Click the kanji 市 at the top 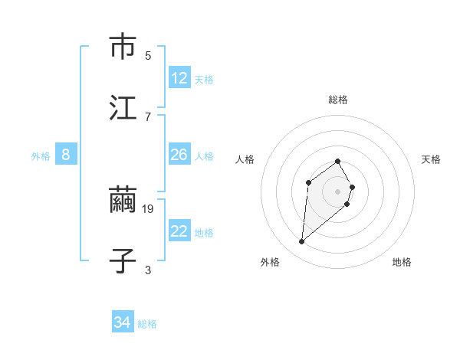tap(123, 47)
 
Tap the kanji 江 tap(123, 108)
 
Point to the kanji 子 tap(123, 260)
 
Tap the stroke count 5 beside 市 tap(148, 55)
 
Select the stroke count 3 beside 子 tap(148, 270)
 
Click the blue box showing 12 tap(179, 78)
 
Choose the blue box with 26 tap(179, 155)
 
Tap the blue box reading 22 tap(179, 231)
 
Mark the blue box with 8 tap(66, 155)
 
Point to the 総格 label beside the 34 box tap(147, 324)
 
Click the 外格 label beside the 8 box tap(41, 156)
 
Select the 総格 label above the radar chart tap(338, 100)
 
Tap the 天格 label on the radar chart tap(432, 159)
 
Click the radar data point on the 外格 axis tap(301, 242)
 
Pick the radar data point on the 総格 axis tap(338, 161)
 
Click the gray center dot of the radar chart tap(338, 191)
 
